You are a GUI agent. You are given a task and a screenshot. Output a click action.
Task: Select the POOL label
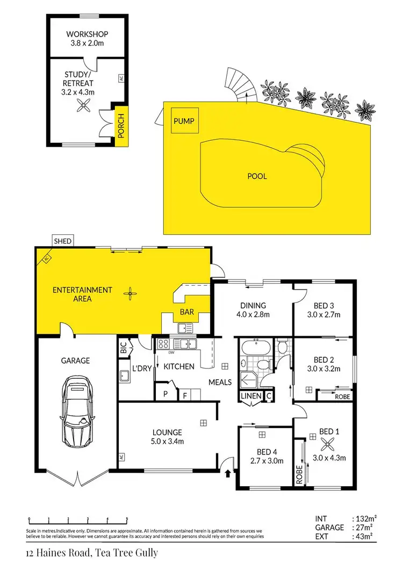coord(257,176)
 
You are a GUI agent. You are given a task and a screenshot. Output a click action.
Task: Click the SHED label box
coord(62,241)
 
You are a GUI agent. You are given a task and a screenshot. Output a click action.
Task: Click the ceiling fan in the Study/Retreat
coord(83,107)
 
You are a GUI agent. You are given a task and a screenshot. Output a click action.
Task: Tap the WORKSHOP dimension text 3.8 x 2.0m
coord(85,44)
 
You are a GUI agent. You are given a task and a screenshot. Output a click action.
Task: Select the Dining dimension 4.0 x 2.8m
coord(253,315)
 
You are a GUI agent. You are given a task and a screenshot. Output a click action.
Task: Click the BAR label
coord(186,312)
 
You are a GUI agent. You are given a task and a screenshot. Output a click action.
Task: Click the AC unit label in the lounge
coord(121,457)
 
